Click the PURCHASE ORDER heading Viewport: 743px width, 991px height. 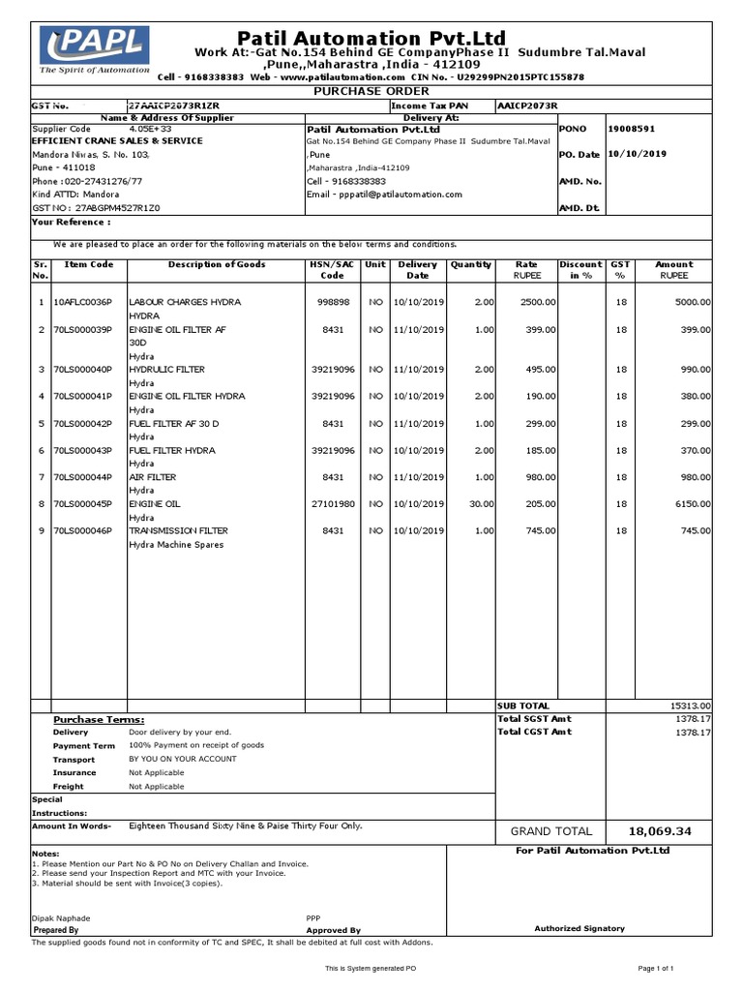coord(371,90)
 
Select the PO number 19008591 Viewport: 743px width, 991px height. coord(632,128)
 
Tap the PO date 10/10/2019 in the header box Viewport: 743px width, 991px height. coord(638,154)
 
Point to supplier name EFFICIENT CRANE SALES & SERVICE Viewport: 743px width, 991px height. coord(117,141)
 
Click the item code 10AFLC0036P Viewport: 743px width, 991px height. coord(82,303)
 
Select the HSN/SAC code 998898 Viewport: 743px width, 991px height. coord(333,303)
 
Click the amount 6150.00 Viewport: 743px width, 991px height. coord(691,504)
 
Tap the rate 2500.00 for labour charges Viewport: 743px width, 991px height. coord(537,303)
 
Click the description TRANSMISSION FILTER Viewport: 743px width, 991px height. coord(178,531)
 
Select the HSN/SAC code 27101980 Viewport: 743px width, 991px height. coord(333,504)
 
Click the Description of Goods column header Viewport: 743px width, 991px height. coord(216,264)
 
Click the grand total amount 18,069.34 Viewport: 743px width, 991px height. coord(660,831)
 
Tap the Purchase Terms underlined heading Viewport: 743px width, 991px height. coord(99,719)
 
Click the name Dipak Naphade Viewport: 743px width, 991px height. coord(61,917)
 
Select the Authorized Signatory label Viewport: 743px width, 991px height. coord(580,928)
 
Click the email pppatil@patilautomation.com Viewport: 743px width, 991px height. coord(384,195)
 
